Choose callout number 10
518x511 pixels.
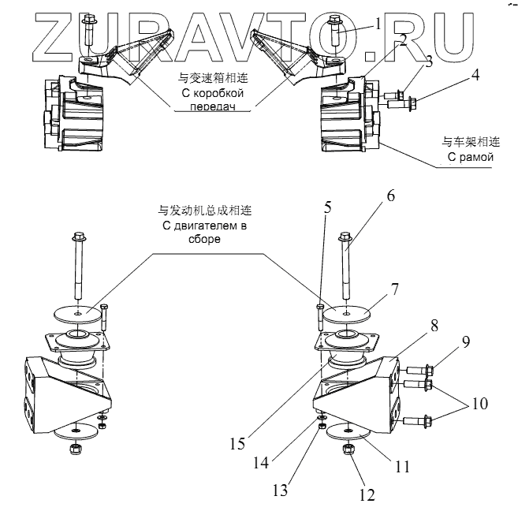point(479,403)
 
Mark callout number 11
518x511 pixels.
point(403,466)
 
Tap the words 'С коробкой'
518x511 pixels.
point(211,93)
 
